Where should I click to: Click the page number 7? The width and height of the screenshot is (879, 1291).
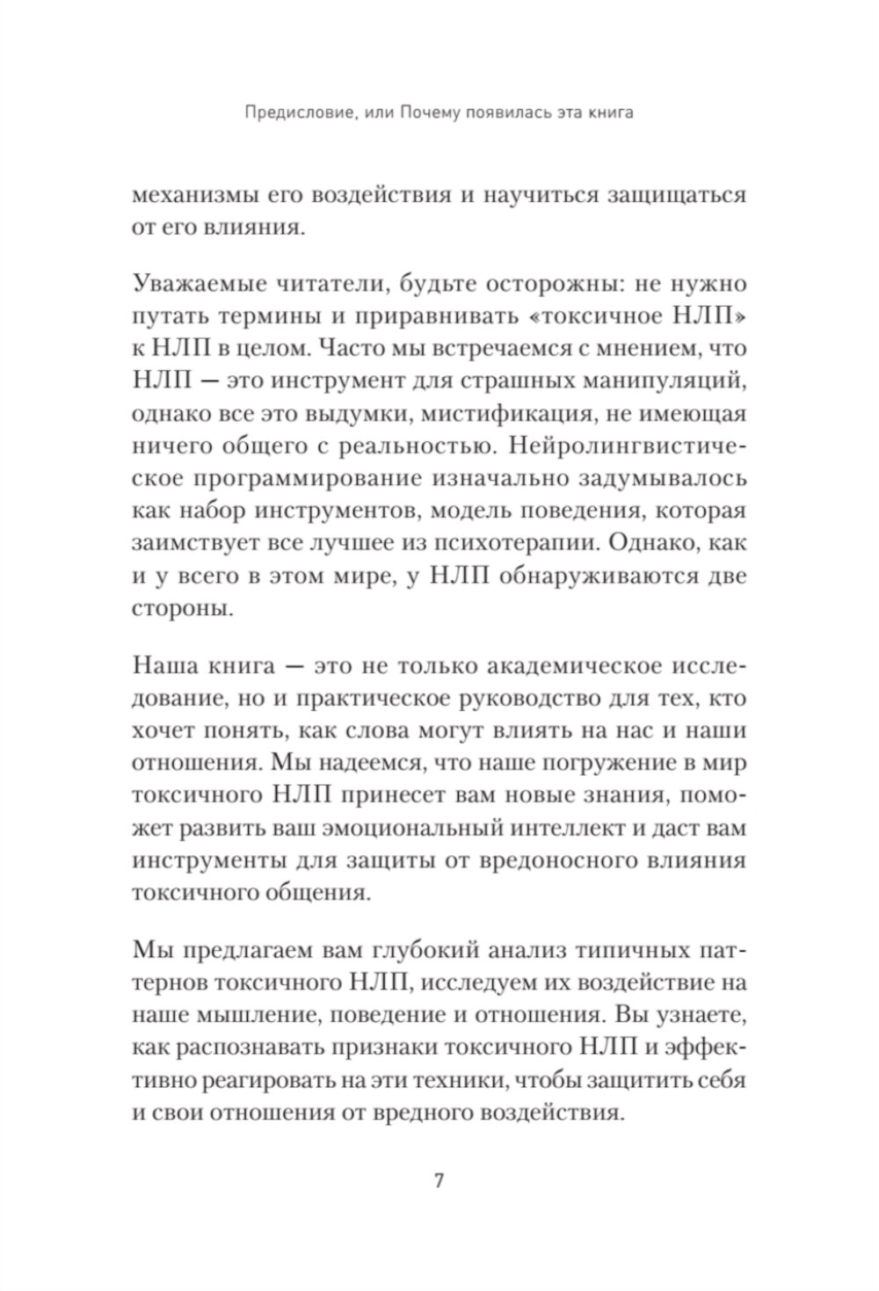(439, 1180)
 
